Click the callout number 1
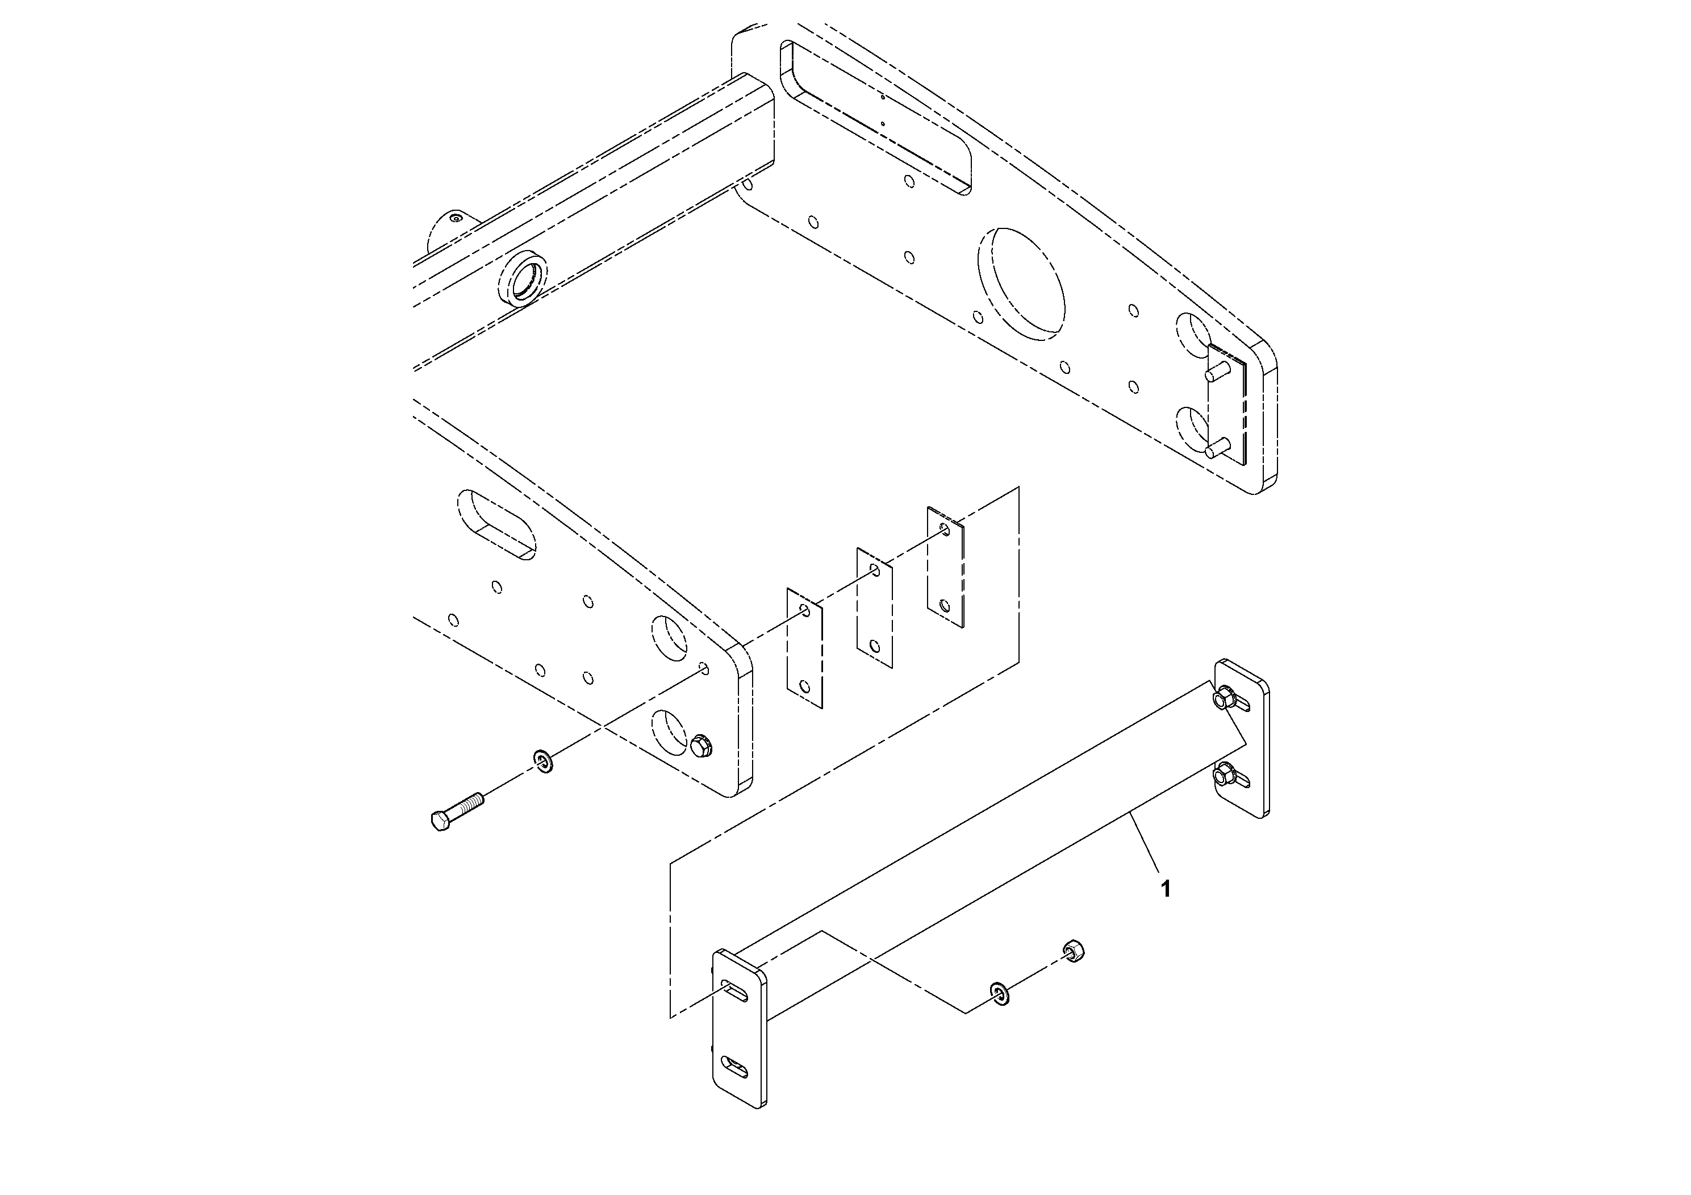click(x=1165, y=889)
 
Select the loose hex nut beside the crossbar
click(x=1073, y=951)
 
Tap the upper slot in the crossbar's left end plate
click(x=736, y=991)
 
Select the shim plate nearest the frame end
click(x=804, y=648)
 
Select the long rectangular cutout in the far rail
click(x=876, y=116)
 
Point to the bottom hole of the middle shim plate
click(x=874, y=647)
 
